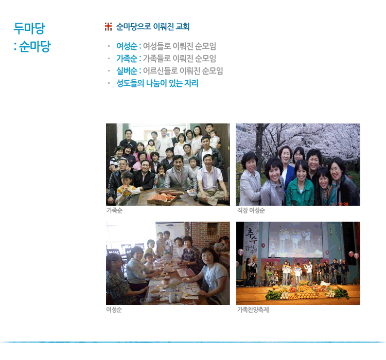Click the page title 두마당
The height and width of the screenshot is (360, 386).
click(x=29, y=28)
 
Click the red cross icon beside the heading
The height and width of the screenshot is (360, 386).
click(x=108, y=27)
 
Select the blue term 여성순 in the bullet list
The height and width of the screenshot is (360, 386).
click(x=127, y=46)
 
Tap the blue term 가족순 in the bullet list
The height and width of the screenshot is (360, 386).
click(x=127, y=59)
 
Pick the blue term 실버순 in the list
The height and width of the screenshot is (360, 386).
click(x=127, y=71)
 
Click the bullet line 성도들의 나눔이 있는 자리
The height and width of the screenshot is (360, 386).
click(x=157, y=83)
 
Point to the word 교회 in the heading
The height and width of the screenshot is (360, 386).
click(x=182, y=27)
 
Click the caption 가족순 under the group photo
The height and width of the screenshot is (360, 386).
click(x=114, y=210)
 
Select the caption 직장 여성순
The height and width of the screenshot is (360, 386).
click(x=251, y=210)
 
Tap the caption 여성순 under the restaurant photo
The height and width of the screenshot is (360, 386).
click(x=114, y=310)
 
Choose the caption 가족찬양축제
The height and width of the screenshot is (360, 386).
click(x=253, y=310)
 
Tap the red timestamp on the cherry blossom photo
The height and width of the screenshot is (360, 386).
click(x=340, y=204)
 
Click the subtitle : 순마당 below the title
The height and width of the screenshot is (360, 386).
click(x=32, y=46)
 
